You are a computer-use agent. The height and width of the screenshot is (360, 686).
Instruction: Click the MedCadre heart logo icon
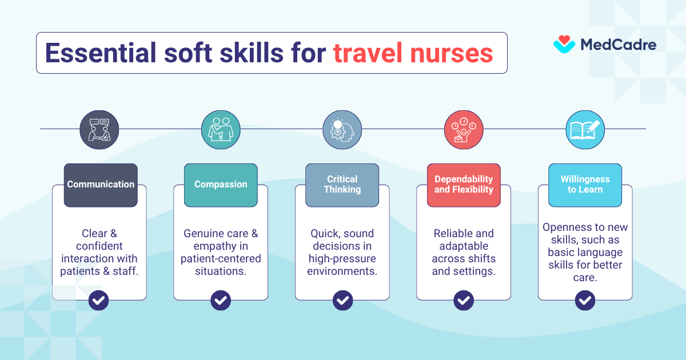point(564,44)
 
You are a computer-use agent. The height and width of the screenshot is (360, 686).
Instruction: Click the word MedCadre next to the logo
point(618,45)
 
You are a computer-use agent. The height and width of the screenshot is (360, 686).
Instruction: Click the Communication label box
point(101,185)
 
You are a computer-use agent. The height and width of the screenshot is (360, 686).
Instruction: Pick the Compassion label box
point(221,185)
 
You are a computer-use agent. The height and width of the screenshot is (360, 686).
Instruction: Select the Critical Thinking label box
point(342,185)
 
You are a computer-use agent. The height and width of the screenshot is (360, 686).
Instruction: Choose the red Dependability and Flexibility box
point(464,185)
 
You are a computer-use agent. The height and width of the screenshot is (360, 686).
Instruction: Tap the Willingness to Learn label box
point(585,185)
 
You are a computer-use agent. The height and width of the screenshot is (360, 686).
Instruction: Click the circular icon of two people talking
point(99,130)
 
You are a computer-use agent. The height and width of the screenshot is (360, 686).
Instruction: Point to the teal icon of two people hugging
point(221,130)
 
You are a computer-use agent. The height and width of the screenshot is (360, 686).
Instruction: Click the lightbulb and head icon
point(342,130)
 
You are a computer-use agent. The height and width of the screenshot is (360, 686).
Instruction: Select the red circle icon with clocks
point(464,130)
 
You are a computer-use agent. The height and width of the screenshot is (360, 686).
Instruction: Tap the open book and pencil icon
point(585,130)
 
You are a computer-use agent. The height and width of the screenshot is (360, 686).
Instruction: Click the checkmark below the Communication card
point(99,299)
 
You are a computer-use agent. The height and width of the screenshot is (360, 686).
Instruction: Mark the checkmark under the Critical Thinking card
point(342,299)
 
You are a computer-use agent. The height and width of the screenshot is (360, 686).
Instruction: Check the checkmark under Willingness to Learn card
point(585,299)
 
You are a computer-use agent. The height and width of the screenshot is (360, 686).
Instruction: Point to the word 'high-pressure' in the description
point(342,259)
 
